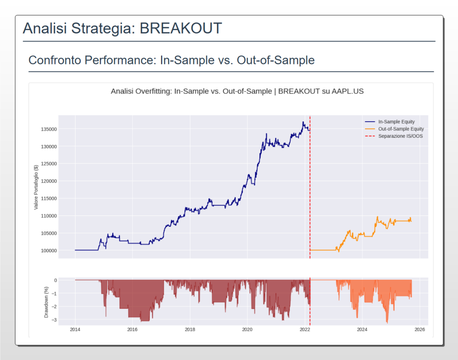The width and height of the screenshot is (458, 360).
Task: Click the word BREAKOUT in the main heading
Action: [x=181, y=28]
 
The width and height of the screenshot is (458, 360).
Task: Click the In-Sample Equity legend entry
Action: [x=396, y=122]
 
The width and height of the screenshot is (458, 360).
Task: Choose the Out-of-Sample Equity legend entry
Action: [x=401, y=129]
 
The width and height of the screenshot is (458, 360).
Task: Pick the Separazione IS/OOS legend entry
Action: [x=400, y=136]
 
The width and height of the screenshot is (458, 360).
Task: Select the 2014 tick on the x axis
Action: [x=75, y=330]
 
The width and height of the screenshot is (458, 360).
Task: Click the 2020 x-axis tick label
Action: [x=247, y=330]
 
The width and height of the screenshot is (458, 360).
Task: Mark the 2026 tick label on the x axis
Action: [x=420, y=330]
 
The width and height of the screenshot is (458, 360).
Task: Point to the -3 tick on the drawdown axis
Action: [x=54, y=320]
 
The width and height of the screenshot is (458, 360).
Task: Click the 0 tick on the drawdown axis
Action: [x=55, y=280]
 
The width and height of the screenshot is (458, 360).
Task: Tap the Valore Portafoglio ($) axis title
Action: [x=36, y=187]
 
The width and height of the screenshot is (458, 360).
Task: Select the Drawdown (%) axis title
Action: [x=46, y=302]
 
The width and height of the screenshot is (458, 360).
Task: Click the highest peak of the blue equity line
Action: [x=303, y=122]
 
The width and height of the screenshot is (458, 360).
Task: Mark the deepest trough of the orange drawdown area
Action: [x=387, y=322]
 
